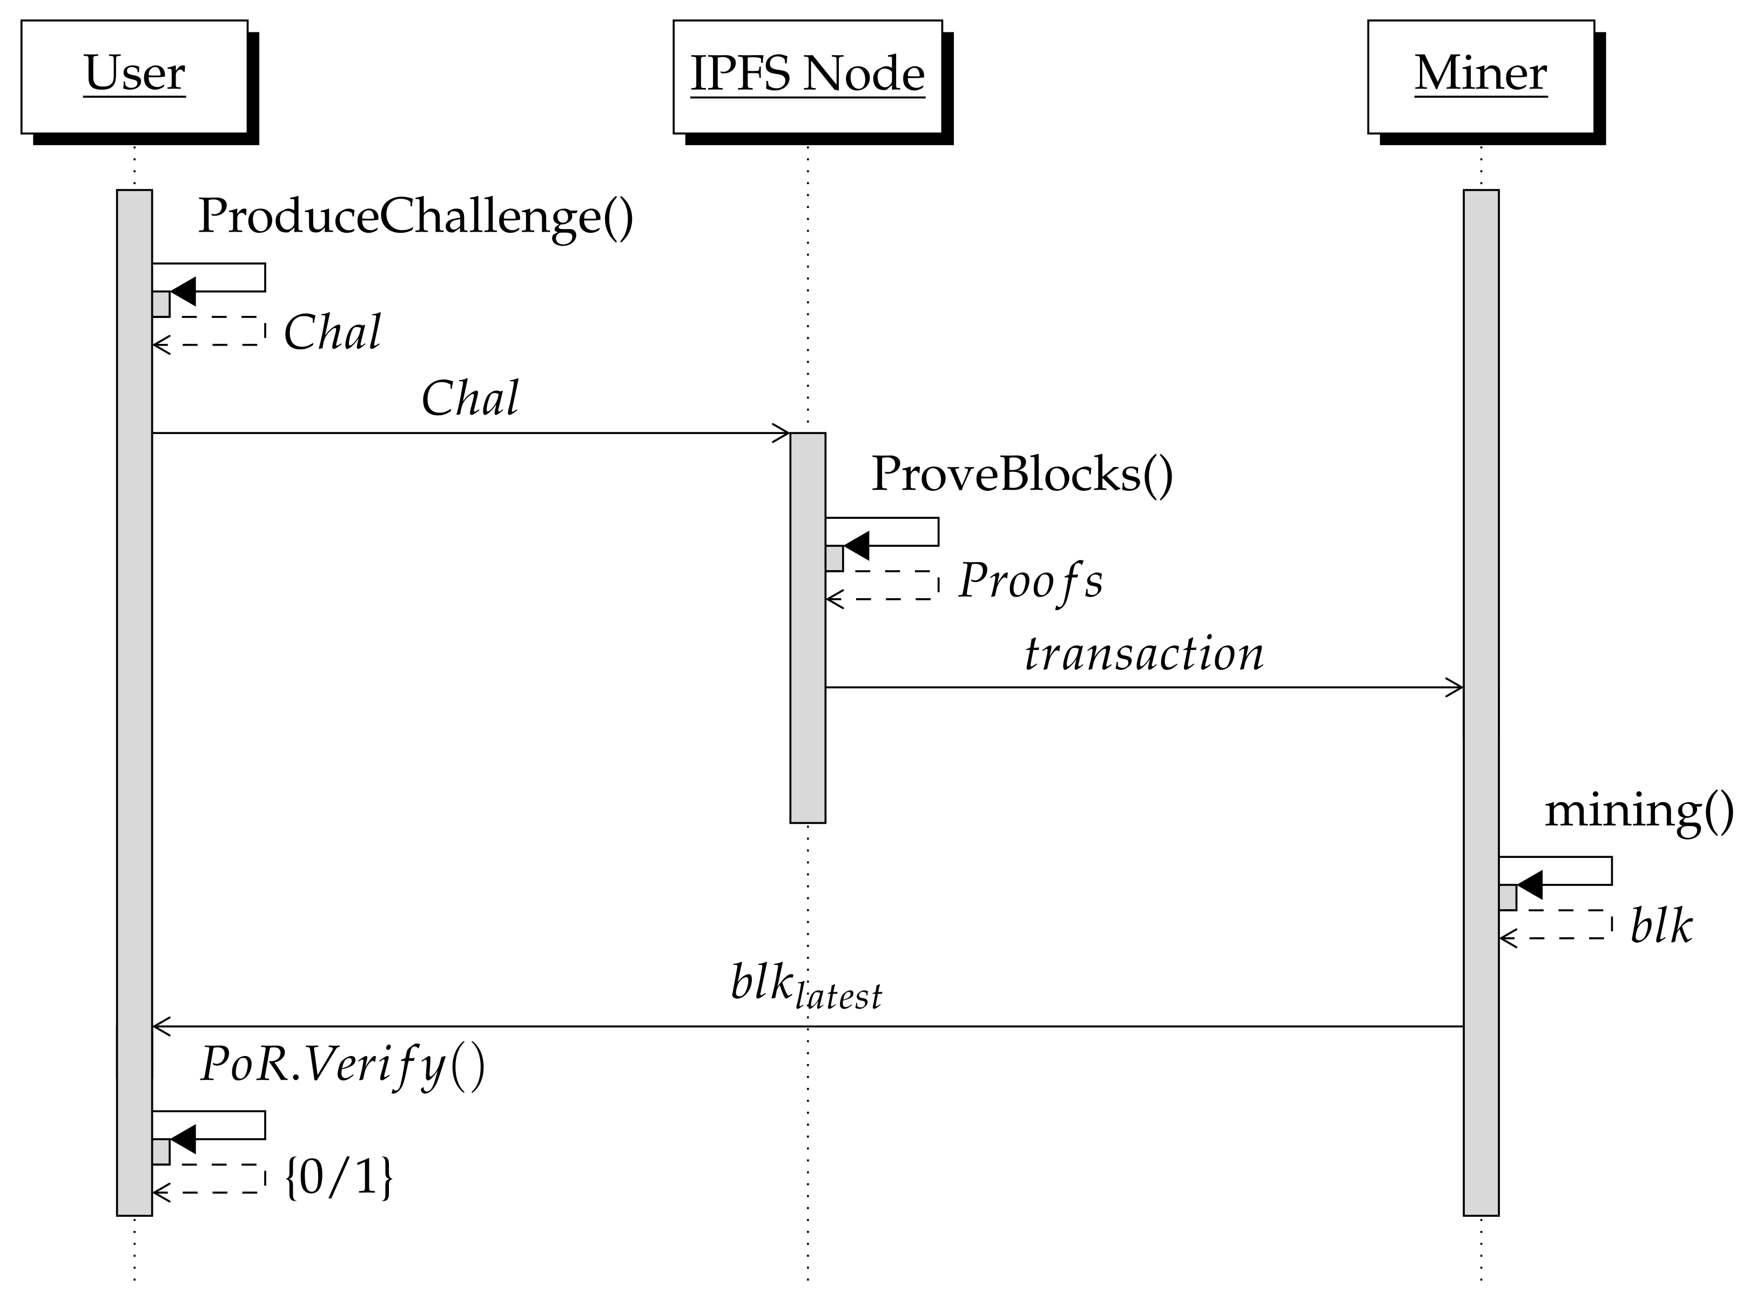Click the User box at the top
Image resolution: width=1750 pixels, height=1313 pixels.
[x=134, y=76]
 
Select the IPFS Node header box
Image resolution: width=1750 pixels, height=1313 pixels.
[x=807, y=76]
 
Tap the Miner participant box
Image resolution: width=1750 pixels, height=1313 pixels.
[x=1480, y=76]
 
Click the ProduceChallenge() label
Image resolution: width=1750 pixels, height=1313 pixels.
[x=415, y=216]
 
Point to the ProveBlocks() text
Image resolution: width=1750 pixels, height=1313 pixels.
[x=1021, y=474]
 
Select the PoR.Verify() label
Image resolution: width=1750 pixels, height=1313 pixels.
[x=342, y=1065]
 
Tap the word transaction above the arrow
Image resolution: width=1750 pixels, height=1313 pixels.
[x=1143, y=654]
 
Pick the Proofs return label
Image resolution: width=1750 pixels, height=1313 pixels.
[x=1030, y=581]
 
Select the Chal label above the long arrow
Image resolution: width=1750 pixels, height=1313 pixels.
[x=470, y=398]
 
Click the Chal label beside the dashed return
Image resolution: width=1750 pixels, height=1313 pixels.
[x=332, y=332]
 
